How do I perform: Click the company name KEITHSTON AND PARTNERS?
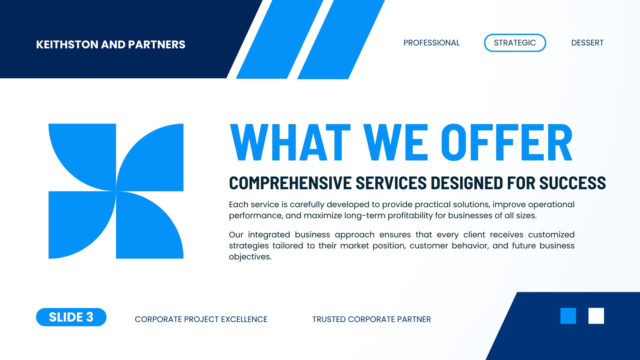pyautogui.click(x=110, y=44)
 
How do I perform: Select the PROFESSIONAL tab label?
pyautogui.click(x=432, y=43)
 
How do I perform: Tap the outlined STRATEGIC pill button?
pyautogui.click(x=515, y=43)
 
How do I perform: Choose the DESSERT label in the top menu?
pyautogui.click(x=588, y=43)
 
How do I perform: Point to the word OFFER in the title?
pyautogui.click(x=507, y=142)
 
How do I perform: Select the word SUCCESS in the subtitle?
pyautogui.click(x=572, y=183)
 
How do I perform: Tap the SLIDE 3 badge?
pyautogui.click(x=71, y=317)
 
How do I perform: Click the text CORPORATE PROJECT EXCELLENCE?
pyautogui.click(x=201, y=319)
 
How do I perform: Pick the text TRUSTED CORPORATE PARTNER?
pyautogui.click(x=372, y=319)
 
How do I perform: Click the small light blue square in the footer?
pyautogui.click(x=568, y=316)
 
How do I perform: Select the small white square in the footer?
pyautogui.click(x=596, y=316)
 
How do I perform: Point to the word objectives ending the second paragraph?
pyautogui.click(x=250, y=257)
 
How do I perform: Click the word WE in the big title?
pyautogui.click(x=396, y=142)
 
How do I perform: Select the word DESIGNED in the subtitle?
pyautogui.click(x=466, y=183)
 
